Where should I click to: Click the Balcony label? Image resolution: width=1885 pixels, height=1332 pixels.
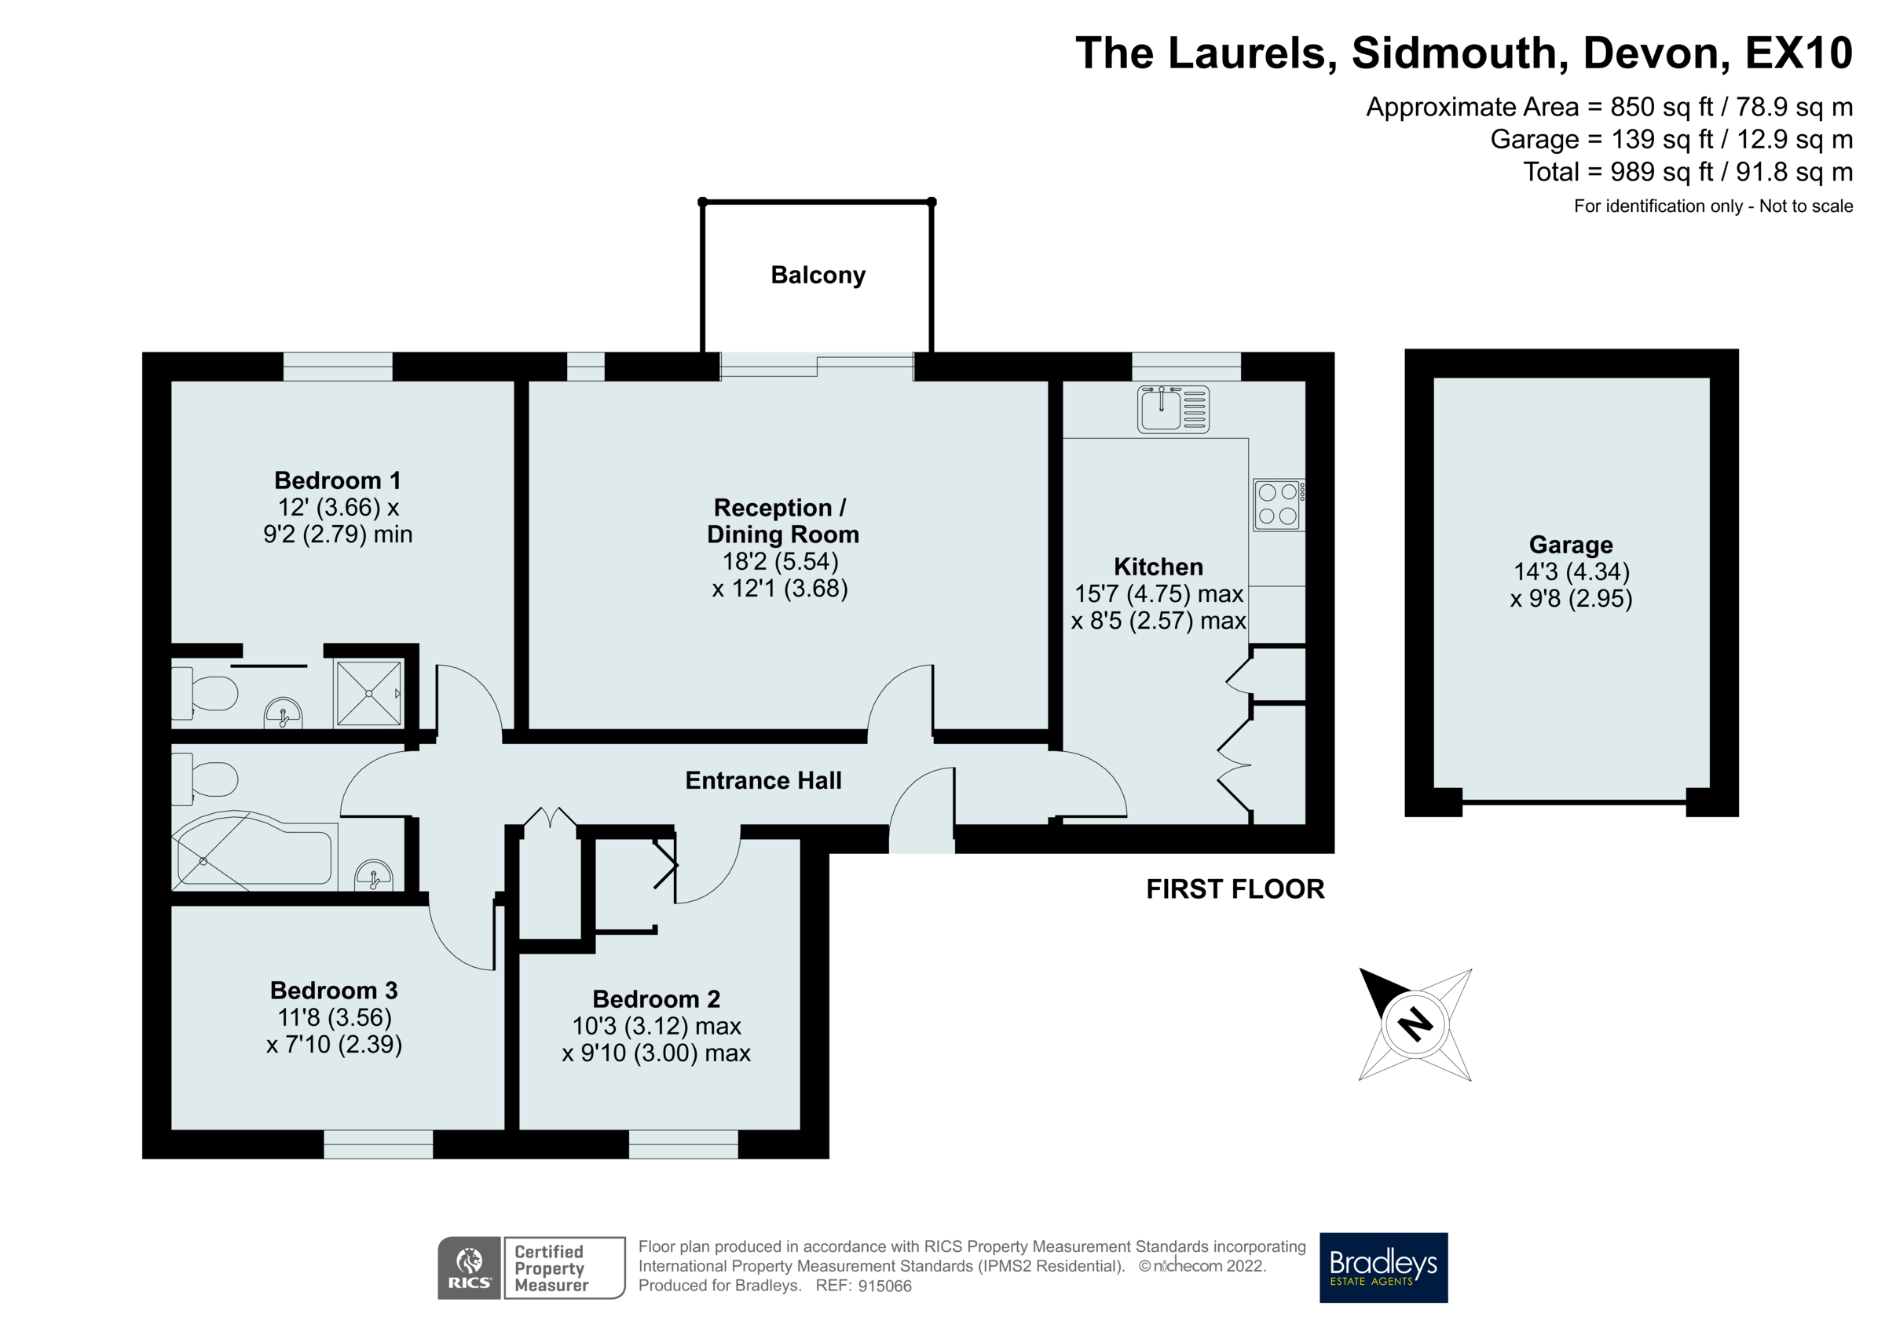(x=818, y=275)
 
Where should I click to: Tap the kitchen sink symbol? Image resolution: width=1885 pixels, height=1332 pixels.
(x=1173, y=409)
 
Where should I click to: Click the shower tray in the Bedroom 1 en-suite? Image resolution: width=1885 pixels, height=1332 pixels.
(x=368, y=692)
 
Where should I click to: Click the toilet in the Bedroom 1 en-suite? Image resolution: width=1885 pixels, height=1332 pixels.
(x=205, y=692)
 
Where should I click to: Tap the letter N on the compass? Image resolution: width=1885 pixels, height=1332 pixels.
(x=1415, y=1024)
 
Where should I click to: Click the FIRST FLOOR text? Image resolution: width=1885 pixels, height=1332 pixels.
(x=1235, y=889)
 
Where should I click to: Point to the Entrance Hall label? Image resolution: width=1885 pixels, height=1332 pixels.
(x=763, y=780)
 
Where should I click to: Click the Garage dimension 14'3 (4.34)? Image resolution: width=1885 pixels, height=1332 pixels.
(x=1572, y=571)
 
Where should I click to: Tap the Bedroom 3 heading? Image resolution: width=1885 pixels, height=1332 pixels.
(x=333, y=990)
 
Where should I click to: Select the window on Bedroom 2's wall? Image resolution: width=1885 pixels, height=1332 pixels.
(x=683, y=1144)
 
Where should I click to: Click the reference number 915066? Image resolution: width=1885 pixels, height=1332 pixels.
(x=884, y=1286)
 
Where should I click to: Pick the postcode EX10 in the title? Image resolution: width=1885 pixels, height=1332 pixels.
(x=1798, y=53)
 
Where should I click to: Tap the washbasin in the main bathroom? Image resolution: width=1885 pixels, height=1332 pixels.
(x=374, y=876)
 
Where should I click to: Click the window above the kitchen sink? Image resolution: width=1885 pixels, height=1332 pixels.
(x=1185, y=366)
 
